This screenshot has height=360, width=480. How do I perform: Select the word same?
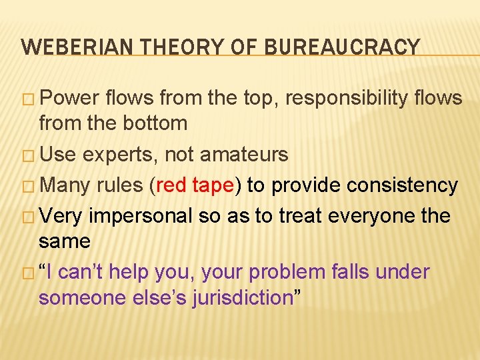click(65, 241)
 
